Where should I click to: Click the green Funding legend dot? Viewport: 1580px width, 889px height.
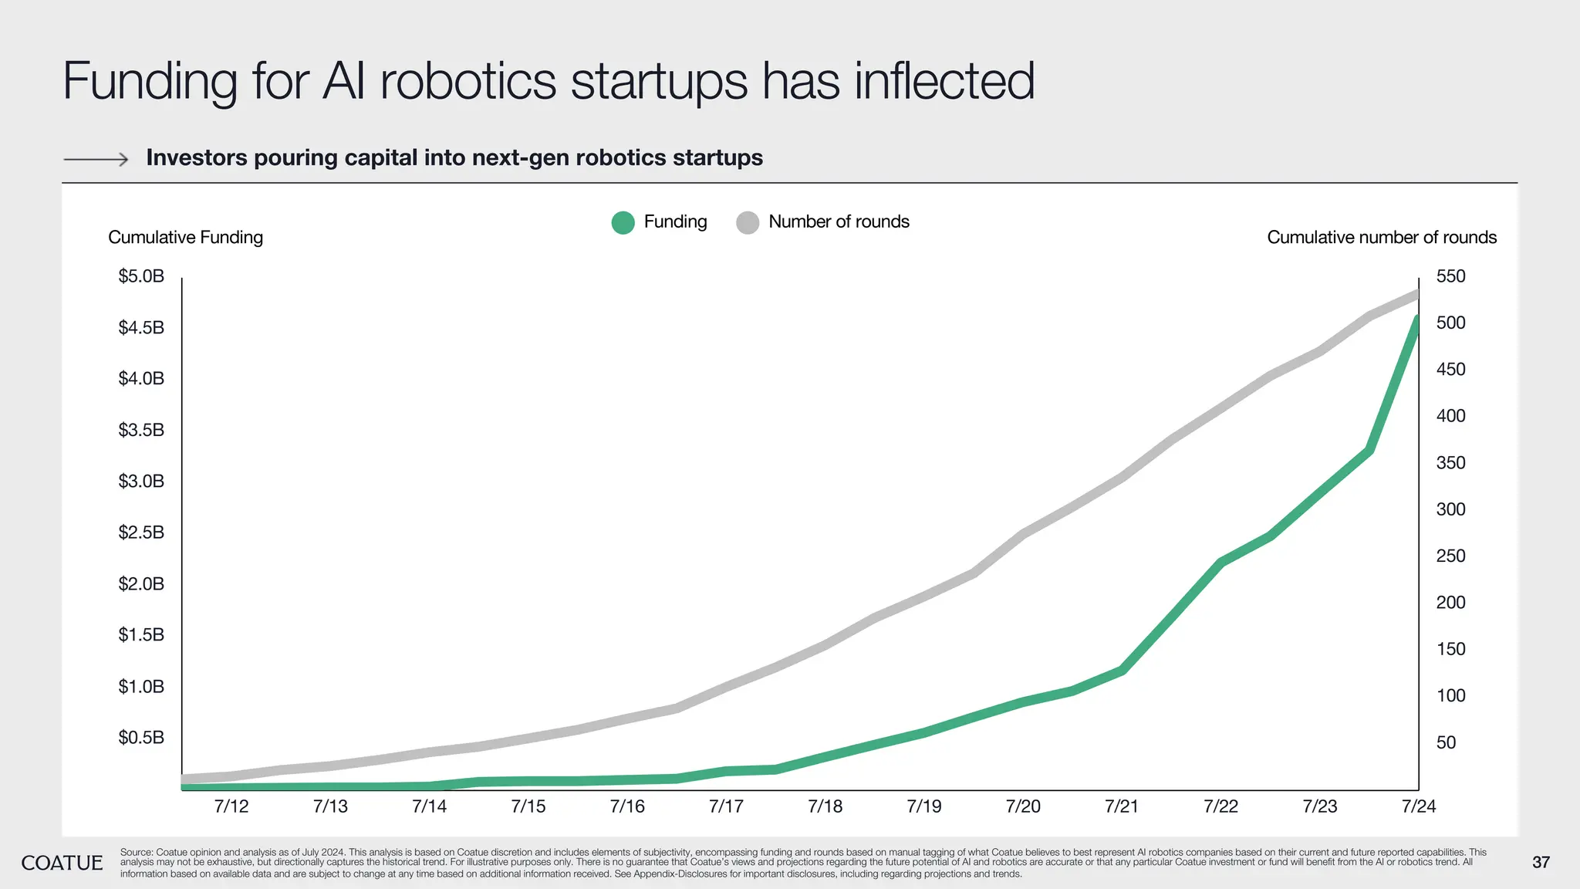coord(623,222)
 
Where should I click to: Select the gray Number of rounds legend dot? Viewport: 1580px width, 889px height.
coord(748,222)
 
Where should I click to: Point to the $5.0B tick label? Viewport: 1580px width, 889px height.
coord(141,276)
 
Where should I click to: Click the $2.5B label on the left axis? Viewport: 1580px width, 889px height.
coord(141,532)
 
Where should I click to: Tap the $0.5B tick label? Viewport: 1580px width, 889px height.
coord(141,738)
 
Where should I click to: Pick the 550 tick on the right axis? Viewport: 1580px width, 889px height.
coord(1450,276)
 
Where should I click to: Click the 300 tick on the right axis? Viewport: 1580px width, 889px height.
coord(1450,509)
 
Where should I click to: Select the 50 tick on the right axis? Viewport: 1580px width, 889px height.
coord(1446,742)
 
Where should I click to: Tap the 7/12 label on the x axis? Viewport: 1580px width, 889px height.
coord(231,806)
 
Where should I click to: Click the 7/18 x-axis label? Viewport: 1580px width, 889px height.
coord(825,806)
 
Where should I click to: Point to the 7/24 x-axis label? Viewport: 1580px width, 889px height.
coord(1418,806)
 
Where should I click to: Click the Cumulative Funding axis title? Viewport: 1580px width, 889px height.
coord(185,238)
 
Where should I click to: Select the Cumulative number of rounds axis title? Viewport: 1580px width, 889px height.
coord(1382,238)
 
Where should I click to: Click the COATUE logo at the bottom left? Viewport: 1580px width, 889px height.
coord(62,863)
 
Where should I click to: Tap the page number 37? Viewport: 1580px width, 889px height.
coord(1541,863)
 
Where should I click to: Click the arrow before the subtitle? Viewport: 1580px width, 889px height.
coord(96,160)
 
